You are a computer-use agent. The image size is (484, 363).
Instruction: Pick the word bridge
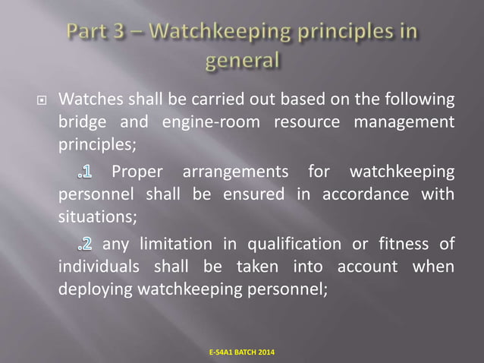pos(80,122)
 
